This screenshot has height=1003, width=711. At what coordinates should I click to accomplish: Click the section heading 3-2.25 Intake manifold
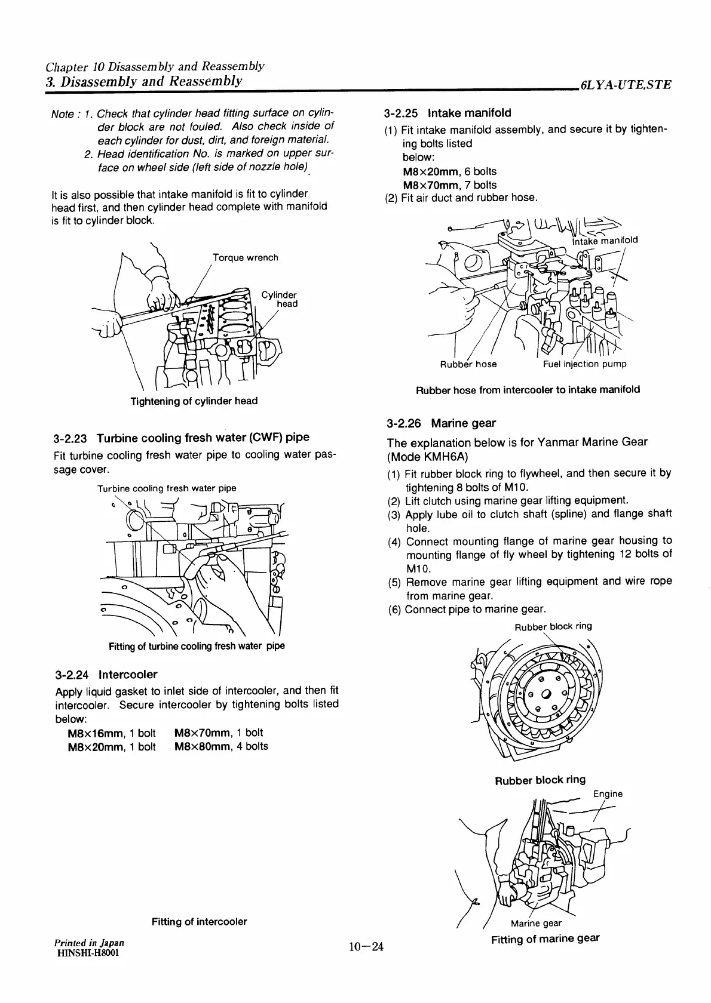click(448, 113)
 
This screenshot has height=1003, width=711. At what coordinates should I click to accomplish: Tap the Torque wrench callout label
click(245, 258)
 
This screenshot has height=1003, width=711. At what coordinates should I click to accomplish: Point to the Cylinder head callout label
click(279, 299)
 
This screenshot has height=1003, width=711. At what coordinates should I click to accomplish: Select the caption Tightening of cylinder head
click(194, 401)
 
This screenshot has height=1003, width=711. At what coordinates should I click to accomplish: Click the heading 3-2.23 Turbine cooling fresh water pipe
click(182, 438)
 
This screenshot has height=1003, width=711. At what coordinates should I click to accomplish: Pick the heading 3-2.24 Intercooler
click(106, 675)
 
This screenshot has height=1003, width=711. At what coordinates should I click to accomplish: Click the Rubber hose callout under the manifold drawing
click(468, 364)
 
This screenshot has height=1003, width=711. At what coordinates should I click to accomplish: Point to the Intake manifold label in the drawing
click(605, 241)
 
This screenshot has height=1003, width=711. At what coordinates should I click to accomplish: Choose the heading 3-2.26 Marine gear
click(441, 423)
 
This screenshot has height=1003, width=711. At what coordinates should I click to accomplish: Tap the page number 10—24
click(366, 946)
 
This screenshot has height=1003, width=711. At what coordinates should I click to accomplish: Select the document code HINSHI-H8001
click(87, 952)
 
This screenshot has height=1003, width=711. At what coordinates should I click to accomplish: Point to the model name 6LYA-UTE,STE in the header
click(626, 85)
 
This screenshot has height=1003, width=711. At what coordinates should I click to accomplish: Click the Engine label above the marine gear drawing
click(608, 794)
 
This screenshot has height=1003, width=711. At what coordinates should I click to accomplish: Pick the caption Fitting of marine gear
click(545, 939)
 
